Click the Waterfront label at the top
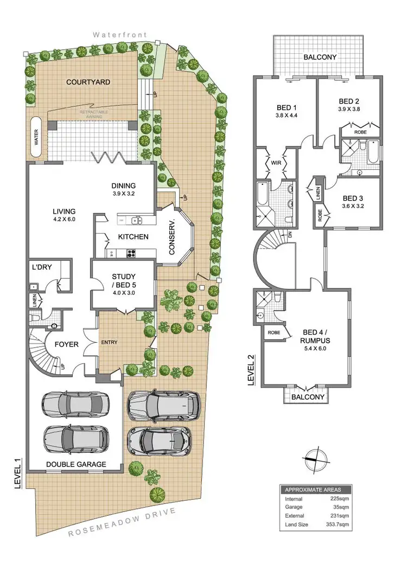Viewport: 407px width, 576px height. click(x=119, y=35)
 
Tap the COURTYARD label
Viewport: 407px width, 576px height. click(x=88, y=82)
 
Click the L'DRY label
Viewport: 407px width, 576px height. click(x=42, y=267)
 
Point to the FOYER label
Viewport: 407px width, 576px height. click(x=66, y=344)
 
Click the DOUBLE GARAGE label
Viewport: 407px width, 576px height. click(x=76, y=464)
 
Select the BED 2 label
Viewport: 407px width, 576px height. click(x=348, y=101)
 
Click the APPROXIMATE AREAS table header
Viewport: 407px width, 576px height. click(x=315, y=488)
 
